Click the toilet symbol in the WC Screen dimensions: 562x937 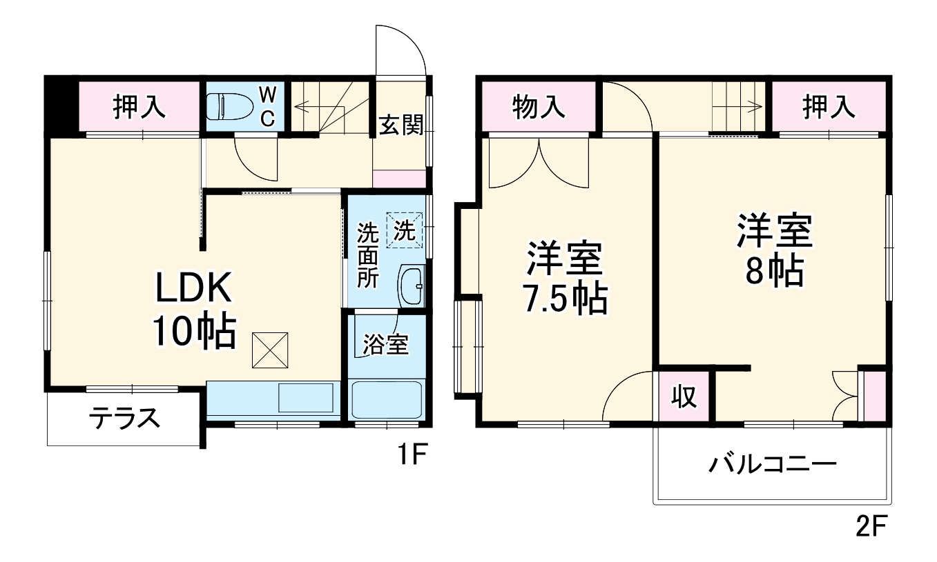[x=226, y=107]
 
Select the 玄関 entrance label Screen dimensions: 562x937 [x=400, y=126]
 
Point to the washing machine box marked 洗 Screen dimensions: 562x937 [x=404, y=229]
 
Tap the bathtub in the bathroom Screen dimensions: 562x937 [x=386, y=399]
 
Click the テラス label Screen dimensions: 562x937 [x=125, y=417]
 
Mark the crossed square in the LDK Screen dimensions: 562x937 [x=270, y=350]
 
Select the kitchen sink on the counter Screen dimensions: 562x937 [x=305, y=398]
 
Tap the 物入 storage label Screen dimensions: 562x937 [x=539, y=107]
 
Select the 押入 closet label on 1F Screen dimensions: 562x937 [x=139, y=107]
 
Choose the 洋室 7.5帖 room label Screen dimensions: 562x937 [x=566, y=278]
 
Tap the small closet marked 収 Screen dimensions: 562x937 [x=684, y=398]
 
